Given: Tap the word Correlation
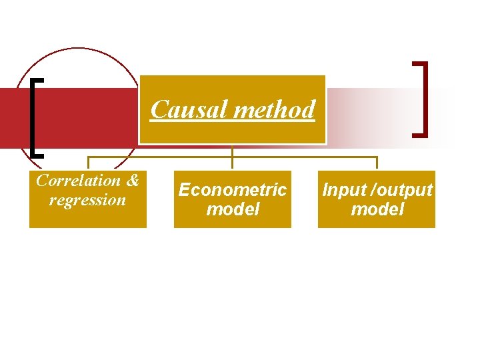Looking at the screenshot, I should click(x=78, y=181).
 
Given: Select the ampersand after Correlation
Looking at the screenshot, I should click(x=132, y=181).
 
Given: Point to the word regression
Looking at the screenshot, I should click(x=87, y=200).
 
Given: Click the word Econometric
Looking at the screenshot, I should click(x=232, y=190).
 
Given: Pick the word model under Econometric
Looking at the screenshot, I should click(x=232, y=209).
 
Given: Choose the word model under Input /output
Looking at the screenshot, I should click(x=377, y=209).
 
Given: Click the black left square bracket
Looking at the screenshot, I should click(x=34, y=117).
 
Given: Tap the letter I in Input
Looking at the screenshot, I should click(x=326, y=190).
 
